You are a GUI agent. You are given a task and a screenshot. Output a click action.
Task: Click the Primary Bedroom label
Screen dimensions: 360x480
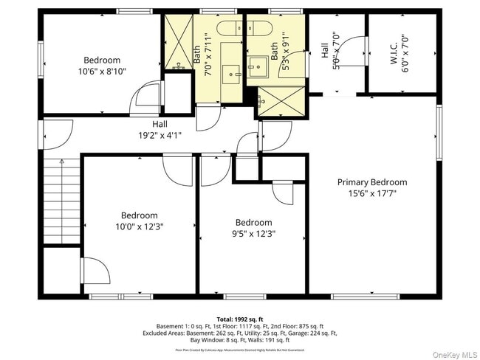pos(371,182)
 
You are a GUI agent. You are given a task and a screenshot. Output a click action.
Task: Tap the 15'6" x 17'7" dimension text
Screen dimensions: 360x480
pos(371,194)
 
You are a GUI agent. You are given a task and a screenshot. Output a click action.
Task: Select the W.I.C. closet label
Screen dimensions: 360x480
pos(394,52)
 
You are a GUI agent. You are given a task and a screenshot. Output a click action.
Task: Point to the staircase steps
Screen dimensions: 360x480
pos(61,203)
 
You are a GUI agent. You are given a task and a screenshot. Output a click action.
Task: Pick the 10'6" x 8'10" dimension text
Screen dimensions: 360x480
pos(101,72)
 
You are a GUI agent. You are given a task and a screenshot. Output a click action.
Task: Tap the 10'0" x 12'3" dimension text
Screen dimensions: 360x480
pos(139,226)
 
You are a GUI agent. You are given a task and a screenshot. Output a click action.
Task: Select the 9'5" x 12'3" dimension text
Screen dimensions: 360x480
pos(253,234)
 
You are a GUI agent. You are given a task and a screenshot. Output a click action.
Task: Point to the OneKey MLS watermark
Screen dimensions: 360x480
pos(449,353)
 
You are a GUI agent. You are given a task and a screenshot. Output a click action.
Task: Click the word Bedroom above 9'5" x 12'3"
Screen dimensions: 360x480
pos(253,222)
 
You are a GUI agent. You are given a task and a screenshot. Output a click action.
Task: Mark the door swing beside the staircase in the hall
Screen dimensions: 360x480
pos(55,135)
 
